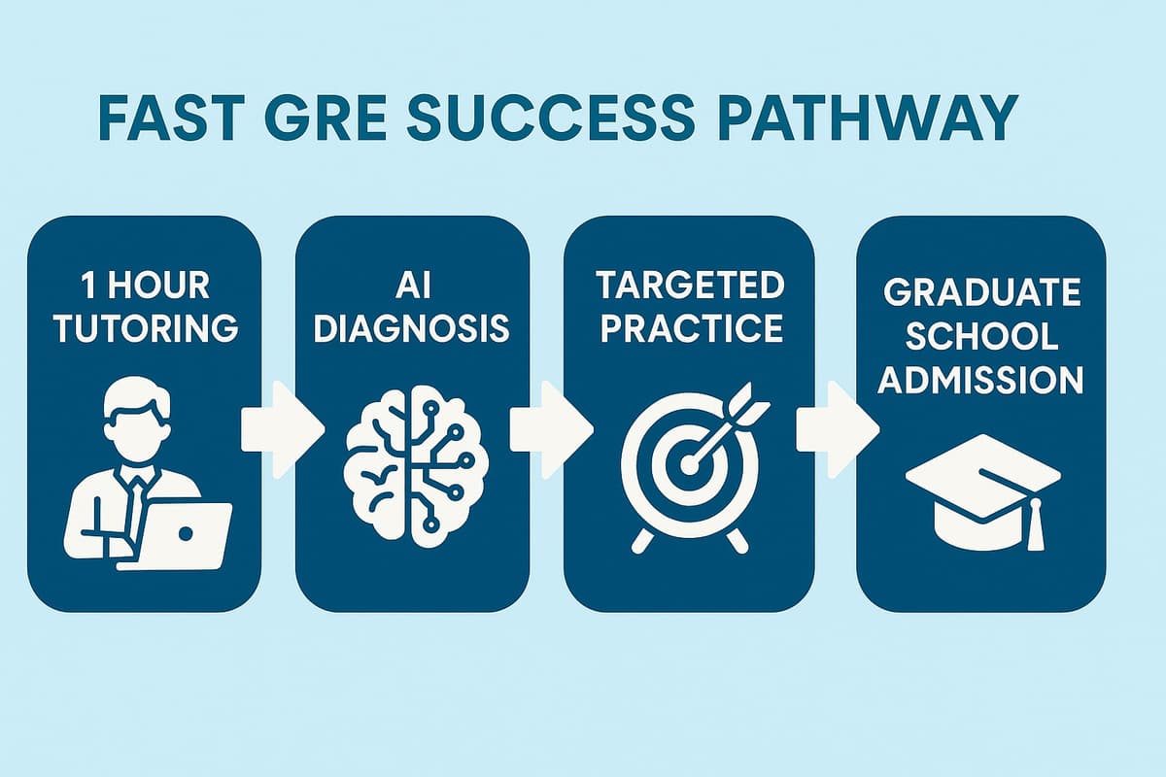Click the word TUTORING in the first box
click(x=145, y=328)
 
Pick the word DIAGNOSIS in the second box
click(x=412, y=328)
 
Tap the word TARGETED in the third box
click(x=689, y=287)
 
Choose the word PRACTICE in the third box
click(x=689, y=328)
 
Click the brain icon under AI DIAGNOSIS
click(x=412, y=456)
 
